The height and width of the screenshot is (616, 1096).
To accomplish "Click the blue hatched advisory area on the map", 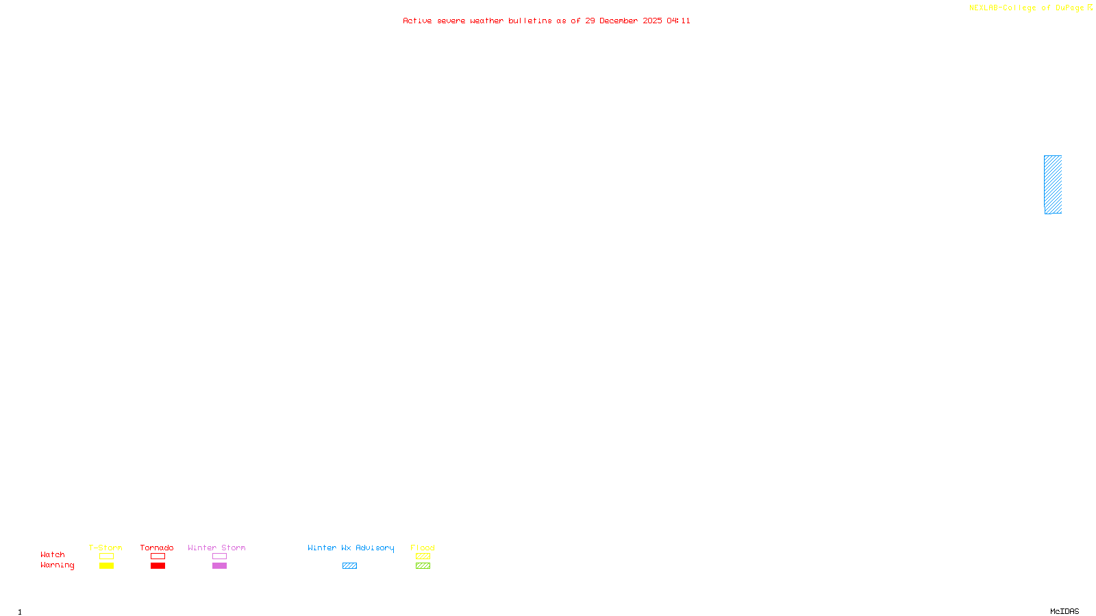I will click(x=1053, y=185).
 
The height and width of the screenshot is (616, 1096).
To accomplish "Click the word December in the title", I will click(x=619, y=21).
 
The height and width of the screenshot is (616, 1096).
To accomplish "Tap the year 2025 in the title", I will click(x=652, y=21).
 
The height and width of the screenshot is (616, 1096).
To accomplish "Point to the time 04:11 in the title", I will click(x=679, y=21).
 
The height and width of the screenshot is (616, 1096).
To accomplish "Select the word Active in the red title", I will click(x=417, y=21).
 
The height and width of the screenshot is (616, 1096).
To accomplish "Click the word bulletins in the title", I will click(x=530, y=21).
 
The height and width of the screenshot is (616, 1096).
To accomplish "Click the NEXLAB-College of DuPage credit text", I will click(x=1026, y=8).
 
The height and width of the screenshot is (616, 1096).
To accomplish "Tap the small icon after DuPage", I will click(x=1090, y=8).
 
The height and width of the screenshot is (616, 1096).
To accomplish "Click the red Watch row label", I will click(x=52, y=554).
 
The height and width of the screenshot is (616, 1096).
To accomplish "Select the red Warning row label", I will click(x=57, y=565).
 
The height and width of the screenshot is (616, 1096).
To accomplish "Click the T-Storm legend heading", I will click(x=105, y=548).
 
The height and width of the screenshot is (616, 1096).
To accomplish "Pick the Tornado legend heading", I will click(x=157, y=548).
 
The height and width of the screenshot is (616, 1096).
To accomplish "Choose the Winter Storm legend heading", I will click(x=216, y=548).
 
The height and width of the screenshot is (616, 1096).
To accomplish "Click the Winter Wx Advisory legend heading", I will click(x=351, y=548).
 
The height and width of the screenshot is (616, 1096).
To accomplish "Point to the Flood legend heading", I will click(x=423, y=548).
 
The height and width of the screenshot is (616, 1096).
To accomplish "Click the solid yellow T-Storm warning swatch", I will click(x=106, y=566).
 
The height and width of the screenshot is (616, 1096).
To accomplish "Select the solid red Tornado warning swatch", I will click(x=158, y=566).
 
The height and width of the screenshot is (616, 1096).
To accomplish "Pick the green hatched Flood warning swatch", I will click(x=423, y=566).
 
